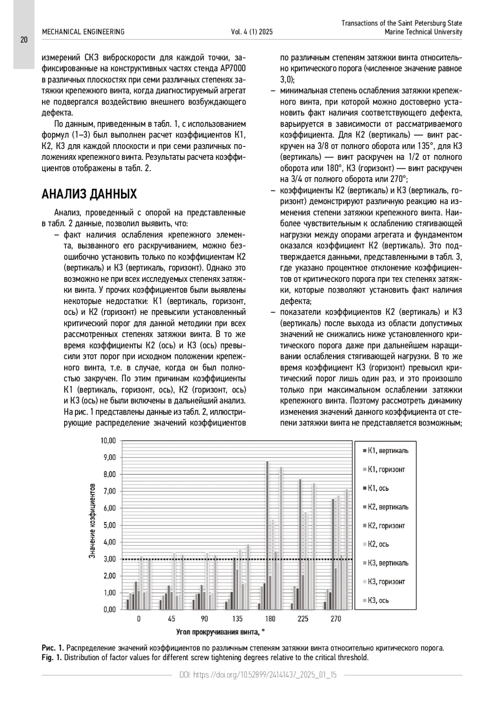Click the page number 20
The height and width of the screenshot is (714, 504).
point(24,40)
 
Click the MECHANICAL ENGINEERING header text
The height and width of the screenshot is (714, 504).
point(83,32)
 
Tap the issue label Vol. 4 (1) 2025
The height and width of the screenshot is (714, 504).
point(252,32)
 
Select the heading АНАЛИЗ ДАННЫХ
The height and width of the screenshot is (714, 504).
point(89,194)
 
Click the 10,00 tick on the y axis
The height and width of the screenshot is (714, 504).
point(108,441)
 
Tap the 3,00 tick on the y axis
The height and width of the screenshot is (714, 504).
point(110,559)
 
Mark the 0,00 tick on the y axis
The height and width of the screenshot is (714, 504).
point(110,609)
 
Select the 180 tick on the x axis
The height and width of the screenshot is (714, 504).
point(270,619)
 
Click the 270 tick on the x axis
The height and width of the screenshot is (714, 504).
point(336,619)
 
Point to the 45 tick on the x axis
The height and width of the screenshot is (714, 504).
point(171,619)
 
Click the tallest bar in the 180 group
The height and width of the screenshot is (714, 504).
point(267,534)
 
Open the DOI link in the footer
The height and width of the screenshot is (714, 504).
point(258,675)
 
